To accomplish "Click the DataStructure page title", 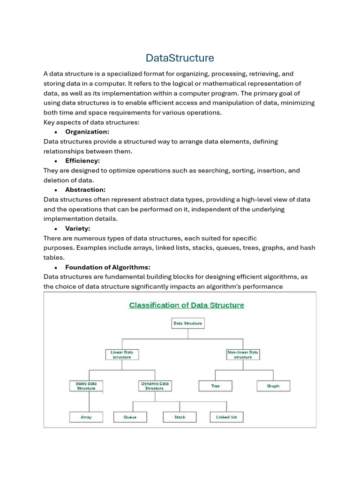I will pyautogui.click(x=180, y=58).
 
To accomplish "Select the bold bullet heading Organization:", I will pyautogui.click(x=87, y=132).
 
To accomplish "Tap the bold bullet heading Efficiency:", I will pyautogui.click(x=82, y=161).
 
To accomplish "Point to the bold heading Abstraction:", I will pyautogui.click(x=85, y=190).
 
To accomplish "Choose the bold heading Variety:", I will pyautogui.click(x=78, y=229).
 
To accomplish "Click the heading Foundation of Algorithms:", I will pyautogui.click(x=108, y=267).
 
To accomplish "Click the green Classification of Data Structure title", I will pyautogui.click(x=187, y=305).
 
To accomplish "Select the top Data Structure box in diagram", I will pyautogui.click(x=187, y=323).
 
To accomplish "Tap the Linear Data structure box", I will pyautogui.click(x=122, y=354).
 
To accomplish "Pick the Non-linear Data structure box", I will pyautogui.click(x=243, y=354).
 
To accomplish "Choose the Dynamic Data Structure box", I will pyautogui.click(x=155, y=386).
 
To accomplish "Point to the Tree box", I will pyautogui.click(x=215, y=386).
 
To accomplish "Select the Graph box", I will pyautogui.click(x=273, y=386).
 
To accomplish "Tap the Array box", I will pyautogui.click(x=86, y=417).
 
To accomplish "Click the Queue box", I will pyautogui.click(x=130, y=417).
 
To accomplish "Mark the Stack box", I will pyautogui.click(x=180, y=417).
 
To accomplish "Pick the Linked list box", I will pyautogui.click(x=226, y=417).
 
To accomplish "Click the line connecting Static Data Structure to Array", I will pyautogui.click(x=90, y=402).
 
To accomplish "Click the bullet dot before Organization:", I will pyautogui.click(x=56, y=132).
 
